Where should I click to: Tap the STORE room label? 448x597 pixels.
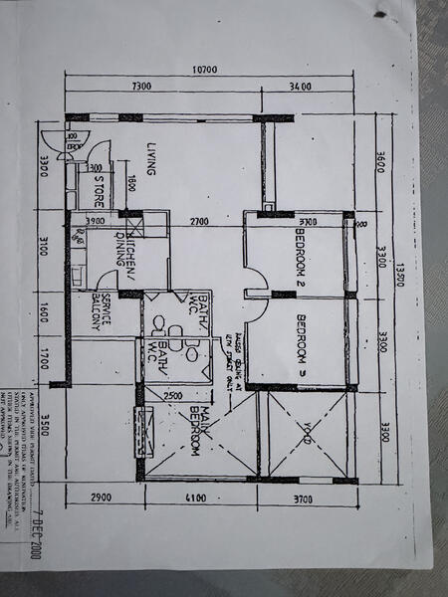pos(100,189)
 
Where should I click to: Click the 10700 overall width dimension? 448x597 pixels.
pos(207,71)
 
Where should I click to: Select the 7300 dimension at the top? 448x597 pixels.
pos(140,89)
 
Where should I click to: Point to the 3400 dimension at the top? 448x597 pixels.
pos(299,89)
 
